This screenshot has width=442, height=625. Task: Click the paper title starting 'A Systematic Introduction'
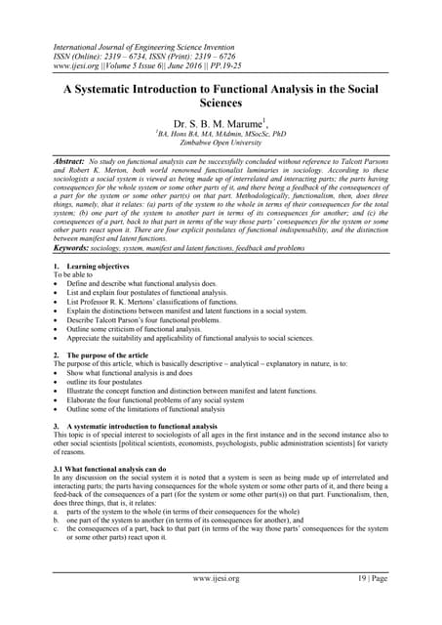220,95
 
